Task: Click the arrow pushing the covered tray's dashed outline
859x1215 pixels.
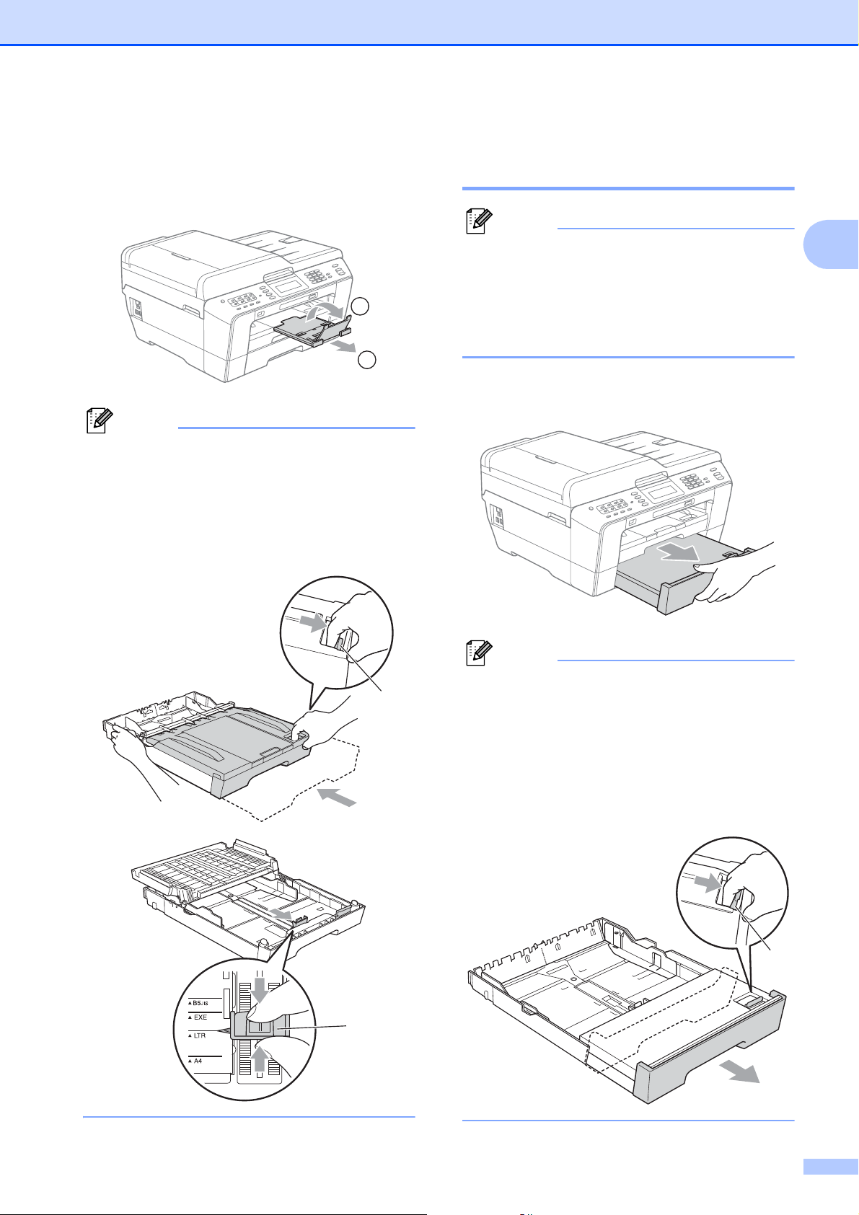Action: [338, 798]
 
